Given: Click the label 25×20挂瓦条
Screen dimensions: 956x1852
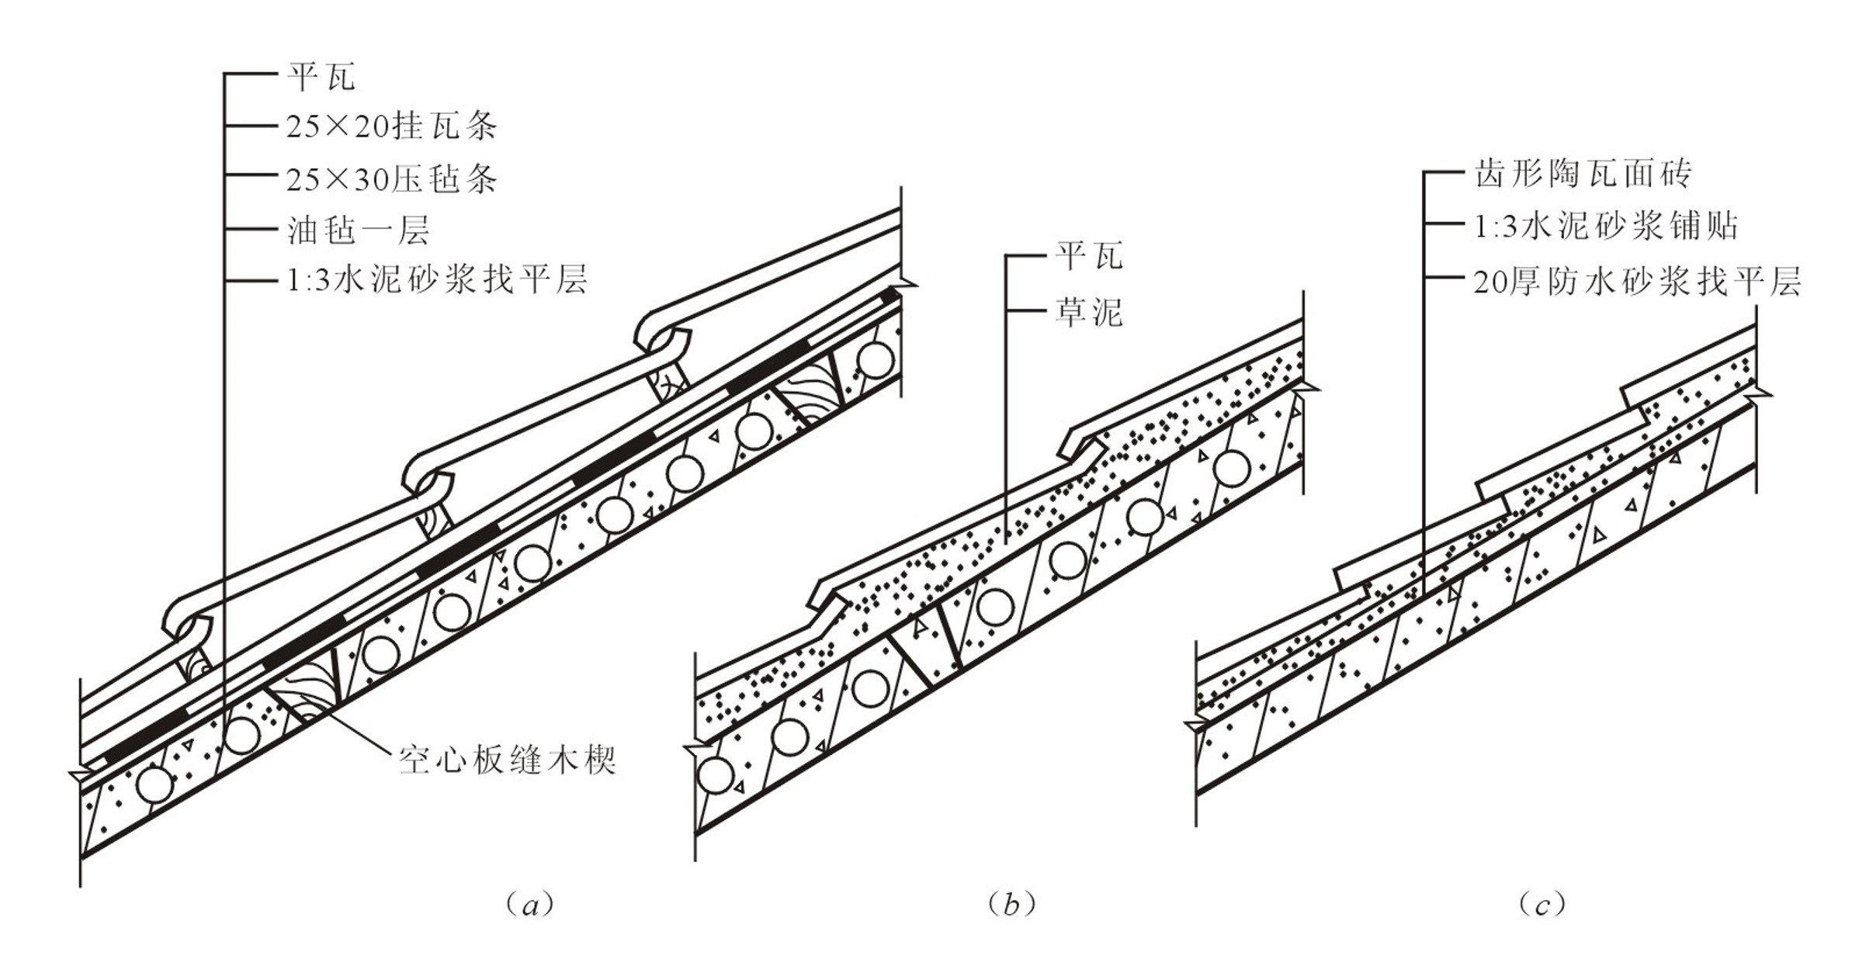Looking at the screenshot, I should click(x=391, y=126).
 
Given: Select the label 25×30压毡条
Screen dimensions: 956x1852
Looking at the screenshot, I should click(x=391, y=180).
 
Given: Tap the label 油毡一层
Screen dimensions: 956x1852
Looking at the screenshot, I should click(x=358, y=230).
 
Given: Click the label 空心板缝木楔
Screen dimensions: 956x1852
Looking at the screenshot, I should click(x=508, y=760).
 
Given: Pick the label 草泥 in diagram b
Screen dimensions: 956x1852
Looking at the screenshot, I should click(x=1088, y=313).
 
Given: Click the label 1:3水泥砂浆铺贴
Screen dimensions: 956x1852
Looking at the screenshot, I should click(x=1605, y=227).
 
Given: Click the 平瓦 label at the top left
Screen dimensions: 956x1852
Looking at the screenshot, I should click(x=321, y=77).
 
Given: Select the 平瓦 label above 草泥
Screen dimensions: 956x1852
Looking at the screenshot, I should click(x=1088, y=256).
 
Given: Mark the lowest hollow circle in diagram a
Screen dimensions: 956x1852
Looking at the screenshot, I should click(x=154, y=786).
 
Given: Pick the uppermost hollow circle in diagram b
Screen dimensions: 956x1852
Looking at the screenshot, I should click(x=1232, y=469).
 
